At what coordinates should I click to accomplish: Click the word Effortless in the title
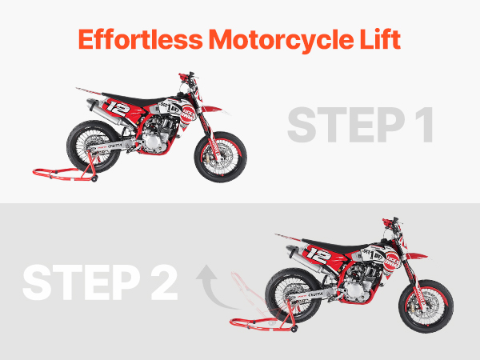pyautogui.click(x=141, y=39)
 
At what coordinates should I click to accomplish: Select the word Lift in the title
pyautogui.click(x=380, y=39)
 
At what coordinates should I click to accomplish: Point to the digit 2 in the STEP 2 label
pyautogui.click(x=164, y=282)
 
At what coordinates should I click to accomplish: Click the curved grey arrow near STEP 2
pyautogui.click(x=211, y=288)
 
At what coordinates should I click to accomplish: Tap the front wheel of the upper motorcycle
pyautogui.click(x=221, y=157)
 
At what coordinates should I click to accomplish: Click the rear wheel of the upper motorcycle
pyautogui.click(x=94, y=146)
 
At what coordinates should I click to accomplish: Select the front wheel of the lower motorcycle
pyautogui.click(x=426, y=306)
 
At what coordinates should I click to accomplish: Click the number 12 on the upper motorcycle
pyautogui.click(x=118, y=109)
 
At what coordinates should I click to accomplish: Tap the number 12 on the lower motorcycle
pyautogui.click(x=318, y=256)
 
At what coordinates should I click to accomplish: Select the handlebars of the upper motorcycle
pyautogui.click(x=186, y=77)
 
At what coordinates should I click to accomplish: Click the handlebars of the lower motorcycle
pyautogui.click(x=390, y=222)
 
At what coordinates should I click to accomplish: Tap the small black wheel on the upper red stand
pyautogui.click(x=94, y=178)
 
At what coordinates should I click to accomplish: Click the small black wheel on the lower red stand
pyautogui.click(x=294, y=330)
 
